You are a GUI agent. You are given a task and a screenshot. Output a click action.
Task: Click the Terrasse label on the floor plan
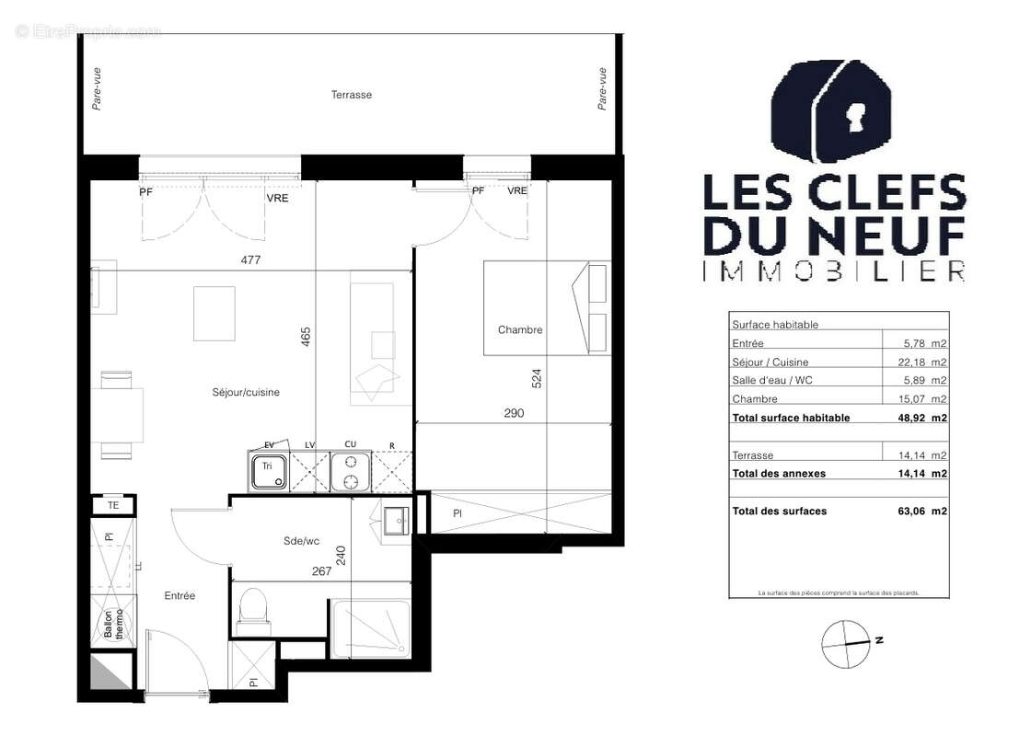pos(351,95)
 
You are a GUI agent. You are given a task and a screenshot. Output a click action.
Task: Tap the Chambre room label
pos(520,329)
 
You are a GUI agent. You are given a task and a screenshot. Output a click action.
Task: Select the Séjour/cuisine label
pos(245,392)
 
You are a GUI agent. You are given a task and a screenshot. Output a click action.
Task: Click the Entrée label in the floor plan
pos(179,595)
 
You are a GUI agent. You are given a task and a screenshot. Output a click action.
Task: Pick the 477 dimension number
pos(251,260)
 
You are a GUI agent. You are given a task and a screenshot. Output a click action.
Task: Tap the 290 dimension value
pos(514,413)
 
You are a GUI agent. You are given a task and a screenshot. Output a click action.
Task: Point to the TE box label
pos(113,505)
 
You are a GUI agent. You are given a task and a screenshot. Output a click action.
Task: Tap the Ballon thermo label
pos(113,625)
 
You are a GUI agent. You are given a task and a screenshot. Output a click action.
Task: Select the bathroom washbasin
pos(395,522)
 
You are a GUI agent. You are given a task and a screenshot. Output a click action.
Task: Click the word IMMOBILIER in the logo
pos(834,270)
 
